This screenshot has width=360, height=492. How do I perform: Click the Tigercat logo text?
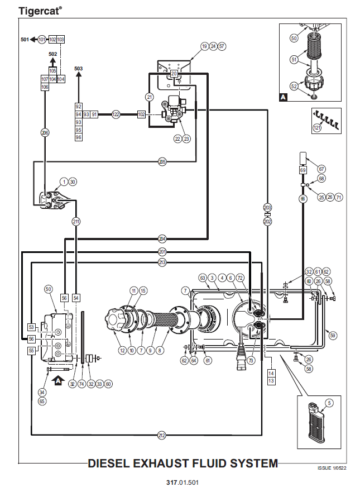point(40,11)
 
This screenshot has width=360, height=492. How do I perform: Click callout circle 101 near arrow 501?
point(42,40)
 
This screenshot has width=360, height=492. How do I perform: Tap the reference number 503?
point(78,68)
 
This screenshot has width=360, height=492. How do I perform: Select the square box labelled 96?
point(78,137)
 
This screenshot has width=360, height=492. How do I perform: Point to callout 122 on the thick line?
point(116,114)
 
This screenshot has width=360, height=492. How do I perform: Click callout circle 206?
point(45,133)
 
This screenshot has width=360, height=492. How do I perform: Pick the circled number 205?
point(162,162)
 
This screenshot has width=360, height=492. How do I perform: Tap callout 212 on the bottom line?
point(161,435)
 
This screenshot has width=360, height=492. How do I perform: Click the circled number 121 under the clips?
point(318,128)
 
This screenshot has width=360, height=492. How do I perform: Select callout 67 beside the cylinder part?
point(321,169)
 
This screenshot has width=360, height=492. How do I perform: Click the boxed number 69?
point(303,170)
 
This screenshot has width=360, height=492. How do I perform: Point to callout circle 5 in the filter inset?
point(329,403)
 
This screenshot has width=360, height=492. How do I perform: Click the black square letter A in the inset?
point(283,97)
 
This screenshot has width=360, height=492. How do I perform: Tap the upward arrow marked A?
point(59,381)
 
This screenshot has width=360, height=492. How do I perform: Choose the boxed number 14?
point(271,374)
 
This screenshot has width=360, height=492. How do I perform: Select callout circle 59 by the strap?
point(333,336)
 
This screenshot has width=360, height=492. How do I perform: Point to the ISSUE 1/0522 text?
point(332,468)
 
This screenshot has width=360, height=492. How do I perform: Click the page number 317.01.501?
point(183,483)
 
